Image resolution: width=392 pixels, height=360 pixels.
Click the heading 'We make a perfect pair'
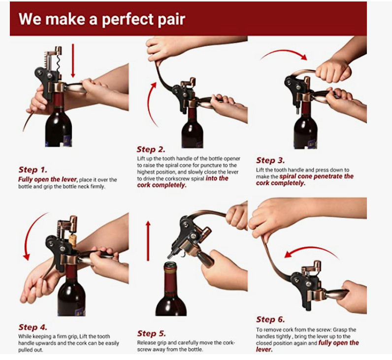pos(102,19)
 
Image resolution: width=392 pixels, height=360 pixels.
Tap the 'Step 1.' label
pos(33,170)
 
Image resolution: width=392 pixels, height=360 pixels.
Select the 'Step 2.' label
pos(151,149)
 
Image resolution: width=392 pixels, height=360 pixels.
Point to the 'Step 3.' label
pos(270,160)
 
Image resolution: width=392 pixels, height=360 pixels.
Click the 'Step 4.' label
pos(33,327)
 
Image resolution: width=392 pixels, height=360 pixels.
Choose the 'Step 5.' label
pos(152,333)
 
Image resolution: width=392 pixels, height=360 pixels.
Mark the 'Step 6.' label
pos(270,320)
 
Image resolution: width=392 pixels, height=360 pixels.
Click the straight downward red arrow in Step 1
pos(73,61)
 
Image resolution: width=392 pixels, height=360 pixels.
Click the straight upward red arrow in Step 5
pos(148,241)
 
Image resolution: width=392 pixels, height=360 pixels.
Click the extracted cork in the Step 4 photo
pos(72,240)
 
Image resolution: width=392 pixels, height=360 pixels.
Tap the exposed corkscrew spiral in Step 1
pos(58,63)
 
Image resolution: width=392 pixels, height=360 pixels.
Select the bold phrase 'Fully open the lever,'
pos(48,179)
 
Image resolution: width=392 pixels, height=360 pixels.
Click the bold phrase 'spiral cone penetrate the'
pos(317,176)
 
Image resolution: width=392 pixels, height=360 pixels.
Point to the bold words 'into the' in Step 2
pos(217,178)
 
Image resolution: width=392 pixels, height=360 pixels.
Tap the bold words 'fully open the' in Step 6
pos(339,343)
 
